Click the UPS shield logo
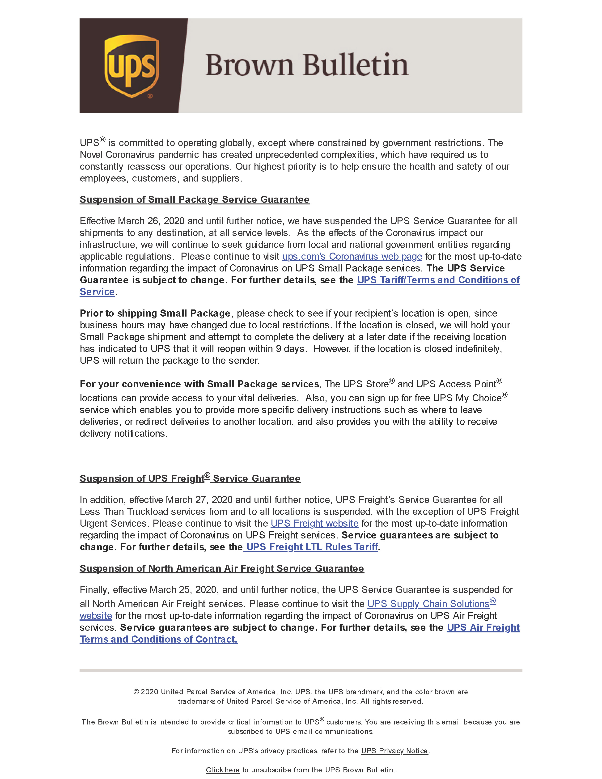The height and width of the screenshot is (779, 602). (131, 66)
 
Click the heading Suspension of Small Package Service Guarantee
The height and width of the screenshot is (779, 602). (194, 199)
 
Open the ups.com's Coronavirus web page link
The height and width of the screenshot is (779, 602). (352, 256)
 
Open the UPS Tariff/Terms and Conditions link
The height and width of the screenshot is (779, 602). (438, 280)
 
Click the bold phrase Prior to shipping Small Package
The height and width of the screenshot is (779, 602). (155, 313)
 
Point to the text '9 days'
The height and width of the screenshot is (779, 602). (290, 349)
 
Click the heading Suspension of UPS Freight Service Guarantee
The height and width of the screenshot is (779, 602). (190, 478)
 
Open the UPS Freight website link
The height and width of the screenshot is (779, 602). (314, 523)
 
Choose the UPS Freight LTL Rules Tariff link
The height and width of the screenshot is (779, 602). (312, 547)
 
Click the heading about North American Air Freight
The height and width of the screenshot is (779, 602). (221, 568)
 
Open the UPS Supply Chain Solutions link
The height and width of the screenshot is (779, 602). (428, 604)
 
